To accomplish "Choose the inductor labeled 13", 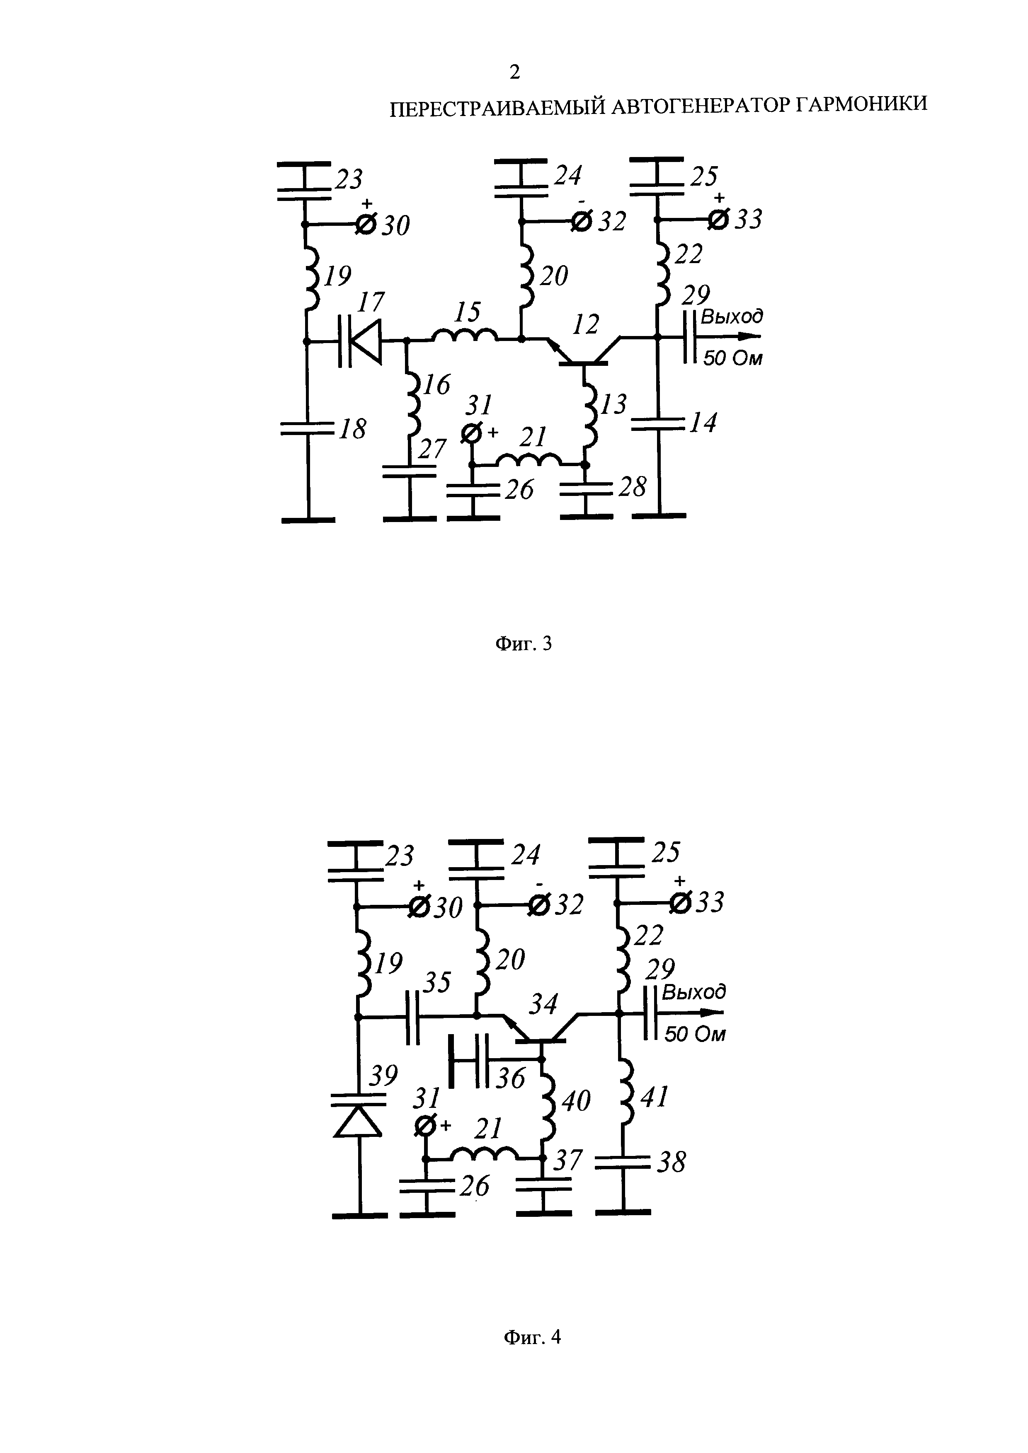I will (x=589, y=414).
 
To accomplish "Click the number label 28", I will (x=632, y=487).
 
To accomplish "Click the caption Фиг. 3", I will (x=523, y=643).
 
